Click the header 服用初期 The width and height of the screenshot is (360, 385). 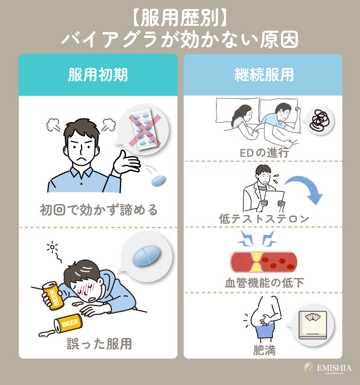coord(98,75)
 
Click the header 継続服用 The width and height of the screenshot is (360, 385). coord(263,75)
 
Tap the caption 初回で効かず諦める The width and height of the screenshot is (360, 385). coord(98,208)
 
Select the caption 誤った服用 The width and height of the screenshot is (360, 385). coord(98,343)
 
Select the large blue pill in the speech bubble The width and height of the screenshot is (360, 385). coord(144,257)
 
